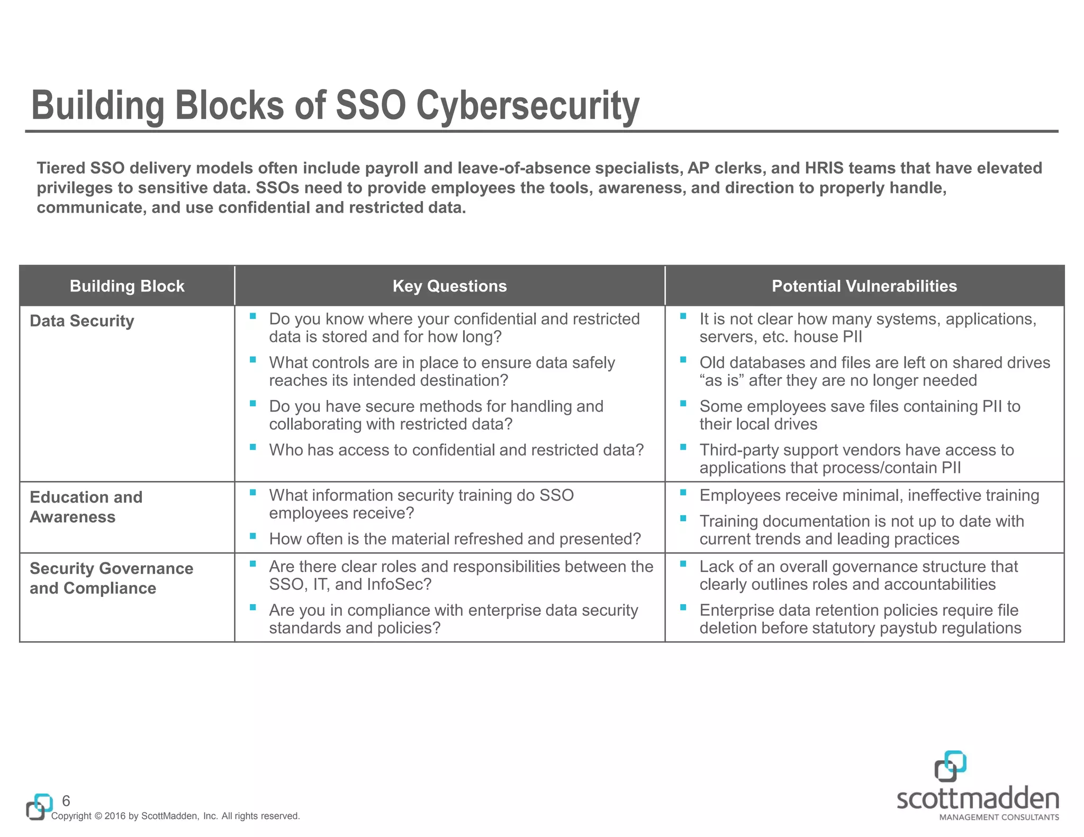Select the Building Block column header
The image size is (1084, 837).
127,286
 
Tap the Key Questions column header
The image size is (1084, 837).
449,286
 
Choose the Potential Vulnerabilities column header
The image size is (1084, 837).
864,286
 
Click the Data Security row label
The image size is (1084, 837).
82,321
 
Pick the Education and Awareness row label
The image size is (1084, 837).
86,507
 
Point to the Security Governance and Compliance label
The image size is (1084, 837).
111,578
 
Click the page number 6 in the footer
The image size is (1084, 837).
66,800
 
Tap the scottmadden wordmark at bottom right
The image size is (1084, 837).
978,799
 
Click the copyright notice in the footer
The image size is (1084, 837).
175,816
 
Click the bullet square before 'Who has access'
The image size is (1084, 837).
253,448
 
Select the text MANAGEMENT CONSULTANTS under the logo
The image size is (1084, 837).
999,817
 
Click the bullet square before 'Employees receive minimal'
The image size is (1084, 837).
683,493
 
